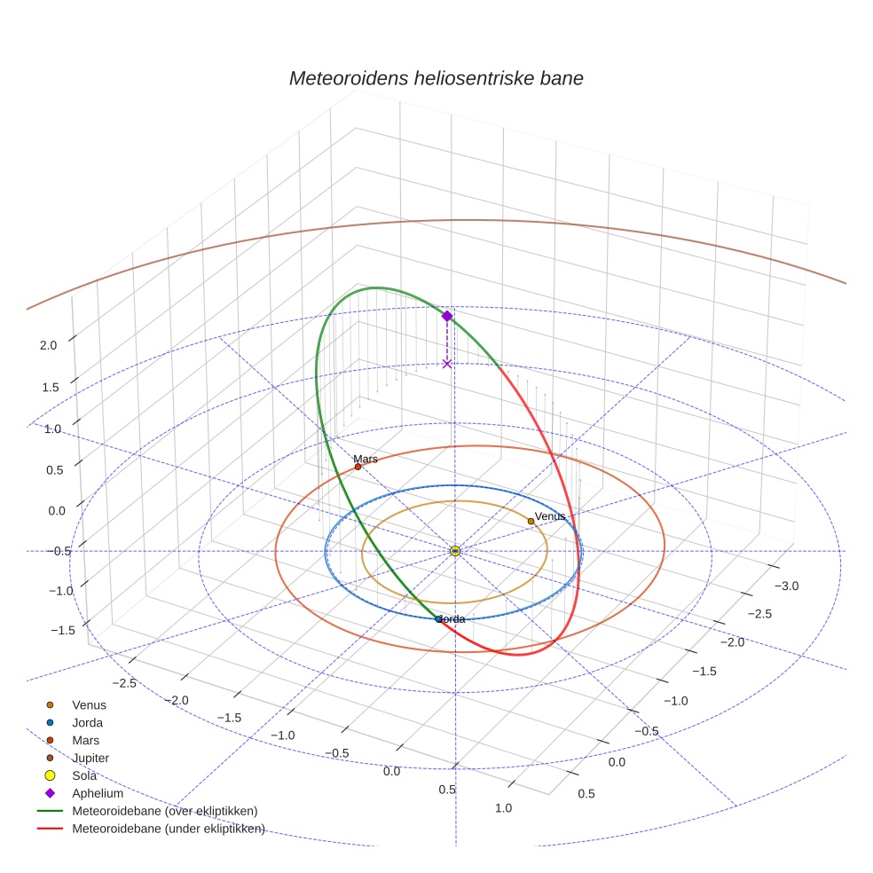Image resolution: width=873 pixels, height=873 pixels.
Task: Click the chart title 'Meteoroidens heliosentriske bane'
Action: [x=436, y=78]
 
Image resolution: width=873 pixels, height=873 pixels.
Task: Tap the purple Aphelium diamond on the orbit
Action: [x=447, y=316]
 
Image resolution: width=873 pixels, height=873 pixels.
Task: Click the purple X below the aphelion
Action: [x=447, y=364]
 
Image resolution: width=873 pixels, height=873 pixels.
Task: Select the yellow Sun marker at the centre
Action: [x=455, y=551]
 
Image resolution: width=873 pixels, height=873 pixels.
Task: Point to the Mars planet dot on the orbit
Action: [x=358, y=467]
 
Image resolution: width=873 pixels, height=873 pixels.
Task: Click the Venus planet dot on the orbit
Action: [x=531, y=521]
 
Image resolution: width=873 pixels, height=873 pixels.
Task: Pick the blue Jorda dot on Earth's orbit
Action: [x=438, y=618]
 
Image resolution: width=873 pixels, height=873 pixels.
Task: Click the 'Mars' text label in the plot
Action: [x=366, y=459]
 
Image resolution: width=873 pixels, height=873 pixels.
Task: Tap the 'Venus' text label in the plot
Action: [x=550, y=515]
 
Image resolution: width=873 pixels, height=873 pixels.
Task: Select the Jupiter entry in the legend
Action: [x=90, y=758]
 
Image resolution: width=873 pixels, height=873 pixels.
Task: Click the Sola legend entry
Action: [x=84, y=775]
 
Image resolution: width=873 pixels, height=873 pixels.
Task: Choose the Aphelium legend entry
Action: [x=98, y=793]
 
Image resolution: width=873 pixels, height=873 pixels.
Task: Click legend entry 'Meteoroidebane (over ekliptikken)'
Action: [x=164, y=811]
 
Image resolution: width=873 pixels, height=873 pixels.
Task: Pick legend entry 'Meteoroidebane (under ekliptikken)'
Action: [x=168, y=829]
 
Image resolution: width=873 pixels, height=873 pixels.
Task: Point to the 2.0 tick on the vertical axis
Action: [x=48, y=345]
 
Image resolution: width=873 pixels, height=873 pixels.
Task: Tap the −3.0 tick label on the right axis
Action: [x=786, y=586]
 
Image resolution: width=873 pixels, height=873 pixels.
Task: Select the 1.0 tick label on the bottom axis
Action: [x=502, y=807]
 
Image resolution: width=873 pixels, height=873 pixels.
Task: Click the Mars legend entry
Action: [x=85, y=740]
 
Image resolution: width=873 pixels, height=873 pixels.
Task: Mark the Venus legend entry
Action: [x=89, y=704]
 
